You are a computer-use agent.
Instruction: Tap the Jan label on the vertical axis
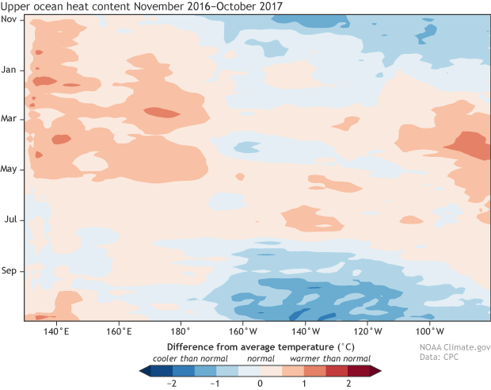pyautogui.click(x=10, y=69)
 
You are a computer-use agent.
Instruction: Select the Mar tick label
pyautogui.click(x=10, y=119)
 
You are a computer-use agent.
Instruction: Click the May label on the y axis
pyautogui.click(x=10, y=169)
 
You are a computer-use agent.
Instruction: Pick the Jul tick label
pyautogui.click(x=11, y=220)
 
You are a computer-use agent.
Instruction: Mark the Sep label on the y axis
pyautogui.click(x=10, y=270)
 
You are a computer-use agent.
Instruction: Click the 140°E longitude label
pyautogui.click(x=56, y=331)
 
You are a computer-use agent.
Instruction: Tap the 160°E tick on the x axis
pyautogui.click(x=118, y=331)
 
